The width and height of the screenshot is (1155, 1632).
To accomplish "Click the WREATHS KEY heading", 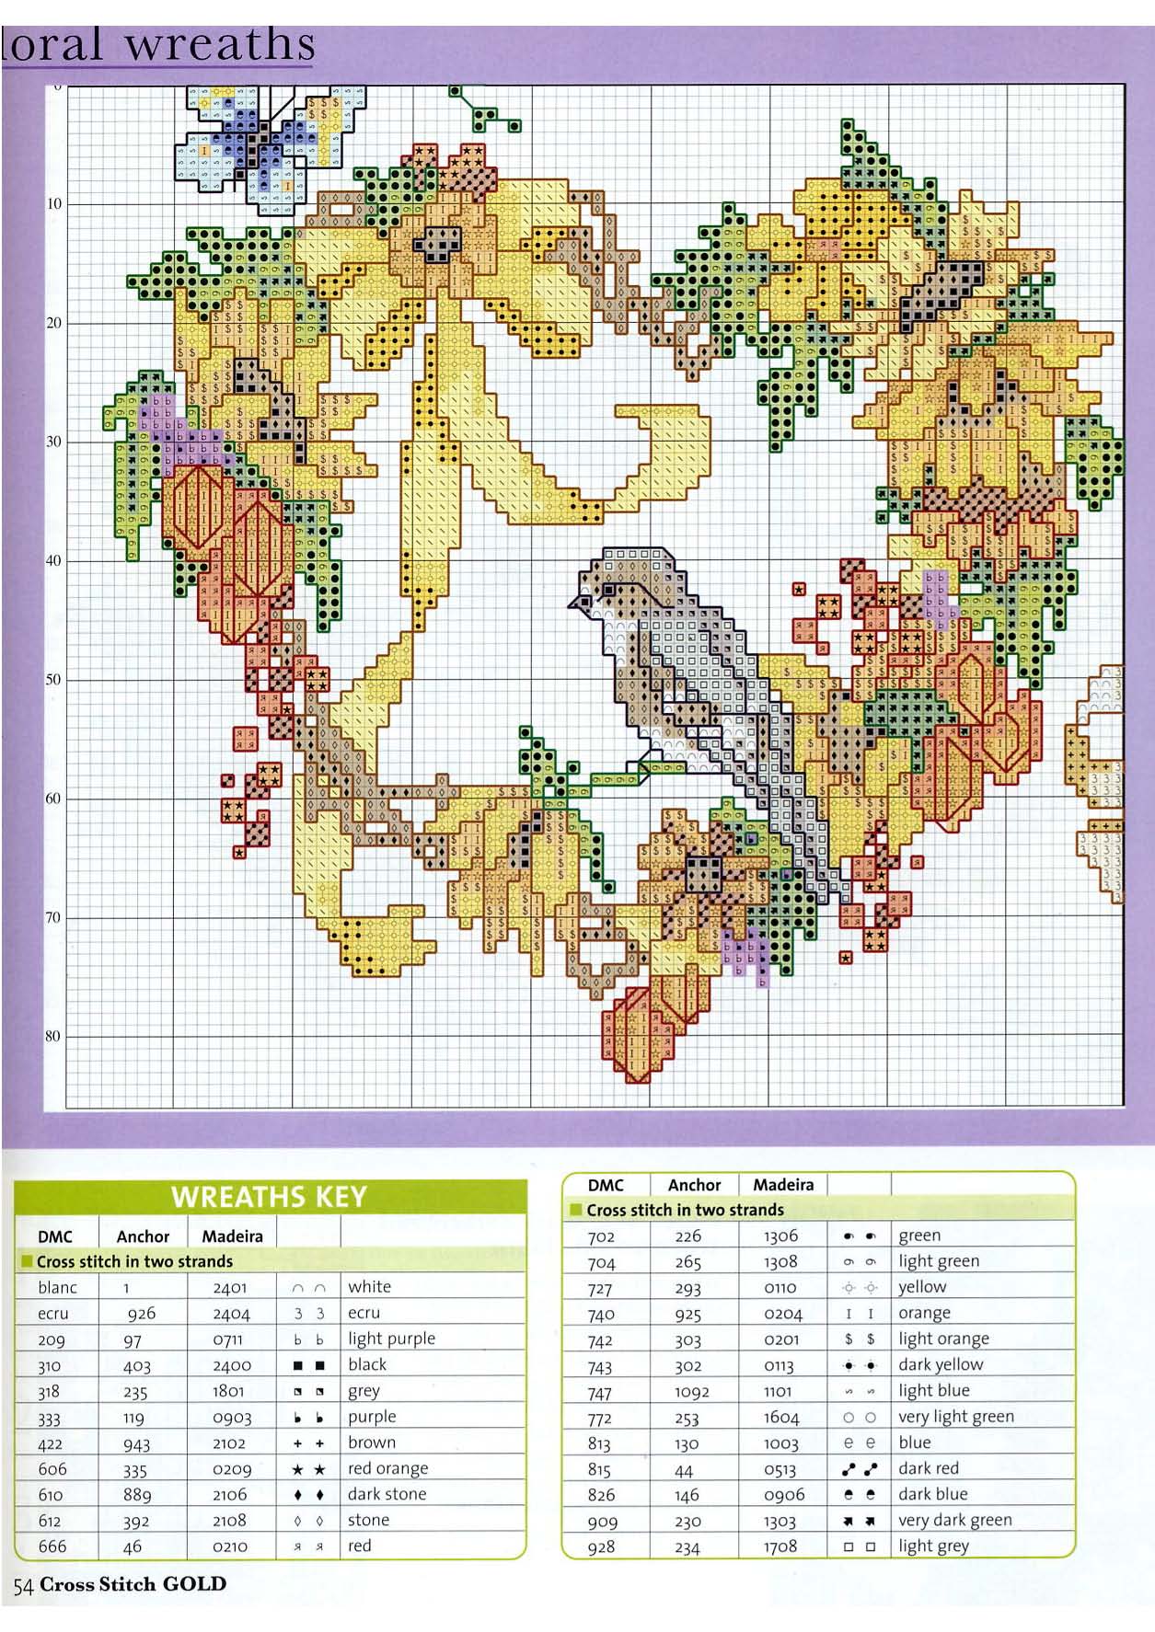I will coord(269,1197).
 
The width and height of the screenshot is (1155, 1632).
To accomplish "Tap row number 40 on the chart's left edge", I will coord(53,560).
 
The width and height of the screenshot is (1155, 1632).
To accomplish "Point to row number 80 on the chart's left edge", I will coord(53,1036).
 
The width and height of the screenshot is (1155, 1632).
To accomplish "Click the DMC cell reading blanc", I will coord(57,1287).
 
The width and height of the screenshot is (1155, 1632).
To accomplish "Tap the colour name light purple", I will coord(391,1339).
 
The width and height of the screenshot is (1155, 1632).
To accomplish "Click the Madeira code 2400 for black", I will coord(231,1365).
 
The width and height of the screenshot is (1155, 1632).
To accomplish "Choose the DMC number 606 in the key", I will coord(52,1468).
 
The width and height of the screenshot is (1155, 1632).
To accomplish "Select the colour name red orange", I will coord(387,1468).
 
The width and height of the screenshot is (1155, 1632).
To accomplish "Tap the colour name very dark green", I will coord(954,1520).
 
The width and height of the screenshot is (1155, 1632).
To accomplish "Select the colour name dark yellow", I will coord(941,1364).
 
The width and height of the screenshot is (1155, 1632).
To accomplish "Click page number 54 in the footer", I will coord(22,1585).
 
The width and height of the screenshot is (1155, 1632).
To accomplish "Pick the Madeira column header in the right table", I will coord(782,1185).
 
